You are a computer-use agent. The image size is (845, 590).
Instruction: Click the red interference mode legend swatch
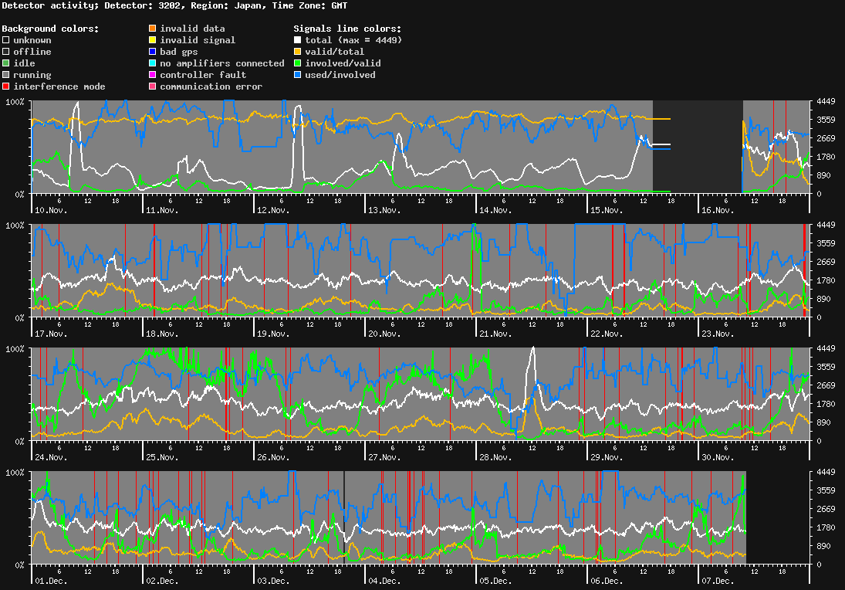pyautogui.click(x=6, y=86)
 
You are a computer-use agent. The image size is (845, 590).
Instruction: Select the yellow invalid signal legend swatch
pyautogui.click(x=153, y=40)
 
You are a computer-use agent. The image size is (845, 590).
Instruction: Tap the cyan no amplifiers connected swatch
pyautogui.click(x=153, y=63)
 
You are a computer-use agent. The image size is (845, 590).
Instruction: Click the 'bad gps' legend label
pyautogui.click(x=178, y=52)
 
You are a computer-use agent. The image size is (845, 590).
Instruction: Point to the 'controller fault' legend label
pyautogui.click(x=203, y=75)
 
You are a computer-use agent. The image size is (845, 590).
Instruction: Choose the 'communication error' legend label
pyautogui.click(x=211, y=86)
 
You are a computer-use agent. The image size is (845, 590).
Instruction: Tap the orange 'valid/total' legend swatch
pyautogui.click(x=298, y=52)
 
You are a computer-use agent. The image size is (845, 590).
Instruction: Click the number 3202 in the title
pyautogui.click(x=171, y=5)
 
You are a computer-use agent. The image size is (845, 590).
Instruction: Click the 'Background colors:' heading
pyautogui.click(x=50, y=29)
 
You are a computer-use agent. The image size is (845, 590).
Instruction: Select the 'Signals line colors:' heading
pyautogui.click(x=347, y=29)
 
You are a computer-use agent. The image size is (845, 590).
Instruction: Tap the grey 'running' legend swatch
pyautogui.click(x=6, y=75)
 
